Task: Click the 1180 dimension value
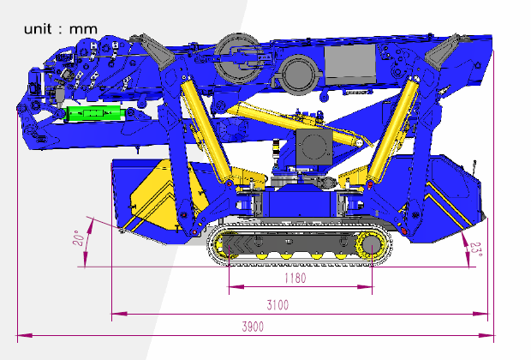(295, 279)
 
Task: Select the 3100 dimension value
(277, 305)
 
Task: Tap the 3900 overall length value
(253, 327)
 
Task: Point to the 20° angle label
(79, 238)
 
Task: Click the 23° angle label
(476, 250)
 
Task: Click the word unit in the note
(38, 29)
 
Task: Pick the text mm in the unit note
(83, 29)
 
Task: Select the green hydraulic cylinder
(94, 113)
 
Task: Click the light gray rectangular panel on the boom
(349, 65)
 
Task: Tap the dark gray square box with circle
(314, 147)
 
